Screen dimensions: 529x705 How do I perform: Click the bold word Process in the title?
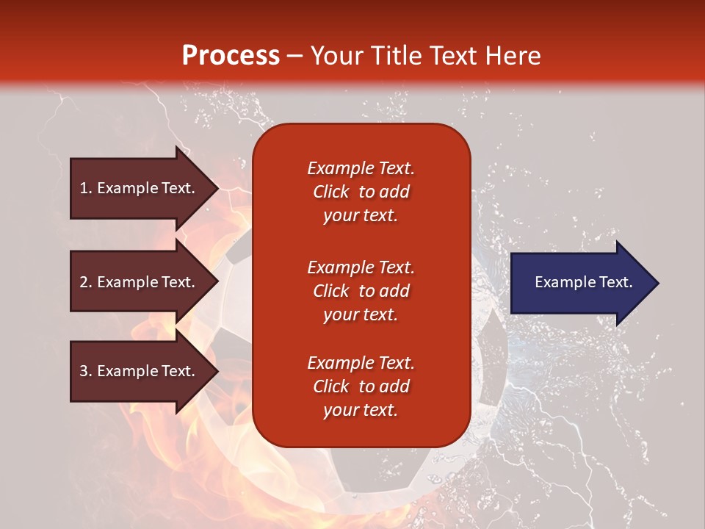pos(231,55)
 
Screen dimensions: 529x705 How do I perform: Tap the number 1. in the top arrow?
pos(86,188)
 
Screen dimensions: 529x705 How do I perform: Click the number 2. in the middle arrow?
pos(86,282)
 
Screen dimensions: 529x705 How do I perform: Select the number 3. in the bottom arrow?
pos(86,371)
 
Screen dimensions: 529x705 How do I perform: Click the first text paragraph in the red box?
pos(361,192)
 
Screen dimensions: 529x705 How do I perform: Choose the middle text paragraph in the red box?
pos(361,291)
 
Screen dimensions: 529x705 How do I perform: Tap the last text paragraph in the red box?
pos(361,386)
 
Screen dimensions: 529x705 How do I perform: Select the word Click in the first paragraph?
pos(331,192)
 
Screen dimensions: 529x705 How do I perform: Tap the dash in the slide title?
pos(294,56)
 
